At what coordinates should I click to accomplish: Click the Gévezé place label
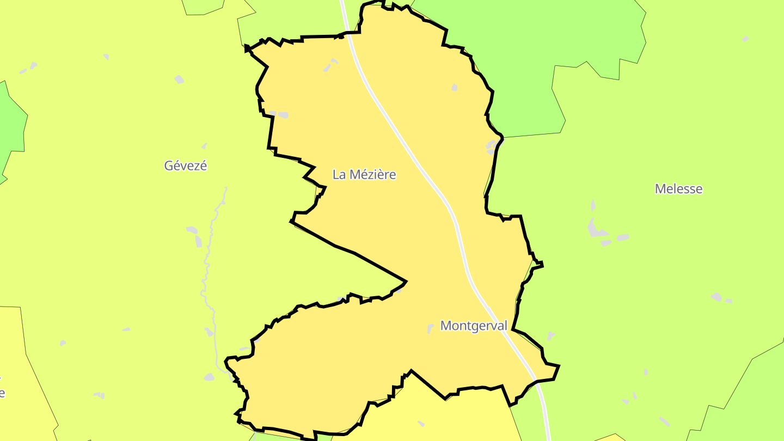pos(186,166)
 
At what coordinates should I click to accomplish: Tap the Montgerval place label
pos(474,326)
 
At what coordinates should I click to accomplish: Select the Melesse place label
pos(678,189)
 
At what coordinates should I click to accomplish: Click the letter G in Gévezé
pos(169,166)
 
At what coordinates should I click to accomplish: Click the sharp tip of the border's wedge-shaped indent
pos(406,281)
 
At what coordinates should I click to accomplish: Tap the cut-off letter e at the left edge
pos(2,393)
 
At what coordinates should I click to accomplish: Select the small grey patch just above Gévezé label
pos(204,146)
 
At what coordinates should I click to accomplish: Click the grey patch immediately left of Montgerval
pos(431,328)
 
